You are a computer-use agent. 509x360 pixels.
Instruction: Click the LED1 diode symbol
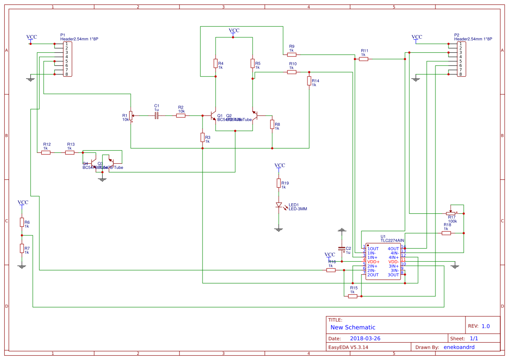click(x=279, y=205)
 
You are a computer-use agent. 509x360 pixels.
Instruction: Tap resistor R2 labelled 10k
click(x=181, y=115)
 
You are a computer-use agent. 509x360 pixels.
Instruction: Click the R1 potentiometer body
click(x=131, y=115)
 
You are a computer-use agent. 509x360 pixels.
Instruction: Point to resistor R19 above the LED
click(x=279, y=183)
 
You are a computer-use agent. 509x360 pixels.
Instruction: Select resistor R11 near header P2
click(x=364, y=59)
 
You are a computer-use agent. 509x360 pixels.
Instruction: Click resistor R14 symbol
click(x=309, y=81)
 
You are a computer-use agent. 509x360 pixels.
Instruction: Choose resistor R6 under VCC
click(x=22, y=222)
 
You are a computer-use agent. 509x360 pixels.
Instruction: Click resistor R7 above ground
click(x=22, y=248)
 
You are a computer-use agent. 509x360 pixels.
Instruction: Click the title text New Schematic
click(x=353, y=327)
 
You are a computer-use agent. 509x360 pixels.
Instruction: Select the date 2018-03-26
click(x=365, y=338)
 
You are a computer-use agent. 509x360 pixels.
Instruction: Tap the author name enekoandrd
click(x=459, y=347)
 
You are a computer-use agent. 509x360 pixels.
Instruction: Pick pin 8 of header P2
click(x=460, y=74)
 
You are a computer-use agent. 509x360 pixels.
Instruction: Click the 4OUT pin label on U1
click(x=393, y=249)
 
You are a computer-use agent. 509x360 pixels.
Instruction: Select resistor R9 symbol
click(x=292, y=55)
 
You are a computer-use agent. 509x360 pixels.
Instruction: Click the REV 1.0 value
click(x=485, y=326)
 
